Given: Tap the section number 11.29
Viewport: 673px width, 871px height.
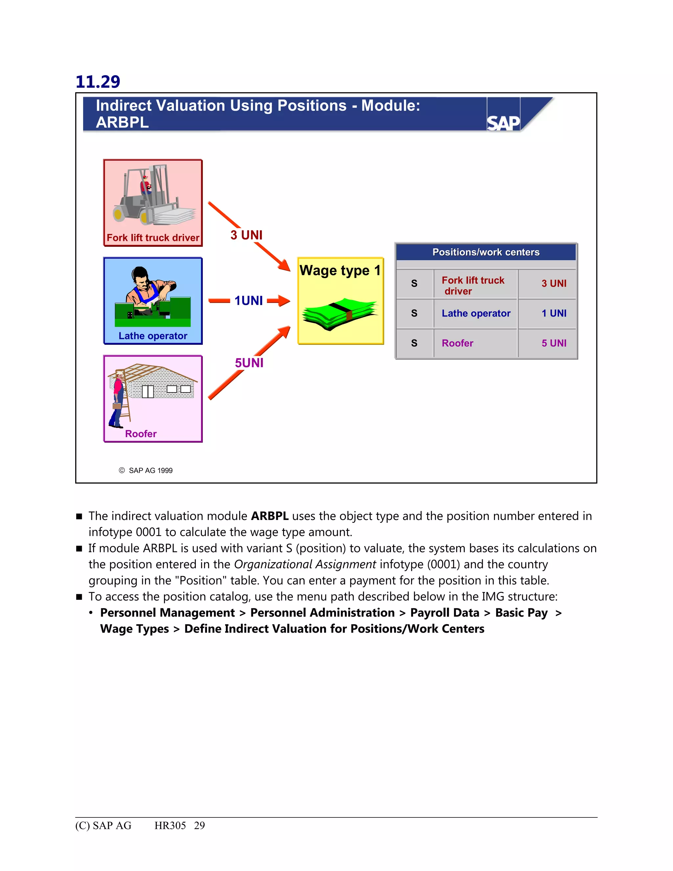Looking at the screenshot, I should [98, 82].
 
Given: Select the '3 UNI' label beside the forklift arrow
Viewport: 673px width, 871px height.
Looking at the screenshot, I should [246, 235].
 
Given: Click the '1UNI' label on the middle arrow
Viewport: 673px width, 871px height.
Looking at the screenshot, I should [248, 300].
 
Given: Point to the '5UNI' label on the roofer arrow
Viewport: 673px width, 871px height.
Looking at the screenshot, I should [249, 363].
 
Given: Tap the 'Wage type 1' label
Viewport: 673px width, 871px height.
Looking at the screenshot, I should [340, 271].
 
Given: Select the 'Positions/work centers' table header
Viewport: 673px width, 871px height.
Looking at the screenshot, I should [486, 252].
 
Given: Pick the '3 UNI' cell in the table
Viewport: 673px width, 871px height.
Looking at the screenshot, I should [553, 283].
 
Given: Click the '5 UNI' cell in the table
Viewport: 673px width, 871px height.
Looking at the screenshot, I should [553, 343].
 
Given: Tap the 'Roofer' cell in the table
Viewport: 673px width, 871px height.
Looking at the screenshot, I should [457, 343].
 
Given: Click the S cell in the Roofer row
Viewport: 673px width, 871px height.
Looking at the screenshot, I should [414, 343].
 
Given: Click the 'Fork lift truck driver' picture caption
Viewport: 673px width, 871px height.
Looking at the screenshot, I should [153, 238].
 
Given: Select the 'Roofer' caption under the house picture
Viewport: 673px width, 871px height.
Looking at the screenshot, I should [141, 434].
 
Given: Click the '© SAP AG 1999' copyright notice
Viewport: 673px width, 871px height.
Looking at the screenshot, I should [146, 471].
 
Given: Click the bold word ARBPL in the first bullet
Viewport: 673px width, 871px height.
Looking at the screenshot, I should [269, 516].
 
